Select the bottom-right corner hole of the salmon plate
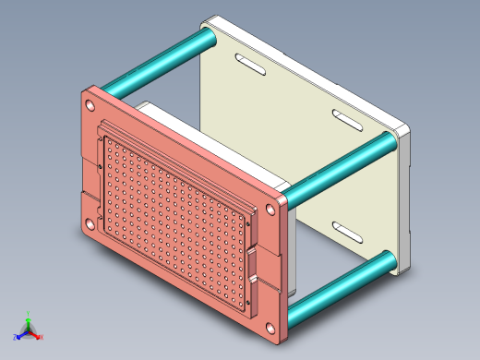[270, 330]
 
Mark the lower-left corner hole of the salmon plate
[90, 222]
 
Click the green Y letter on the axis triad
[30, 313]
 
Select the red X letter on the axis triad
[42, 338]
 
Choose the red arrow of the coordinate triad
[35, 334]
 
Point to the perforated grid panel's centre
[175, 218]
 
